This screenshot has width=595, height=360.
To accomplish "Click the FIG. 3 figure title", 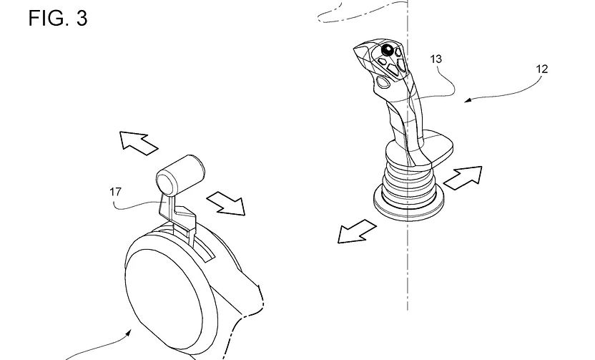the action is (x=58, y=18).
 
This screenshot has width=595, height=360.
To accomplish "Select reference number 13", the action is (x=436, y=59).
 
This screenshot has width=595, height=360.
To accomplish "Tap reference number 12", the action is (x=542, y=69).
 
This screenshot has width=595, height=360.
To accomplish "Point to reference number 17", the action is (x=115, y=192).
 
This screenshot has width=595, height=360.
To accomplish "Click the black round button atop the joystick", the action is (x=388, y=49).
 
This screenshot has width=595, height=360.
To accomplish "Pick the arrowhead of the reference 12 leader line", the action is (x=468, y=101).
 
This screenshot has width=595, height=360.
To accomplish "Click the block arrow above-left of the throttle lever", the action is (x=138, y=142).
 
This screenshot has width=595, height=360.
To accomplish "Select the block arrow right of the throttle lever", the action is (x=226, y=203).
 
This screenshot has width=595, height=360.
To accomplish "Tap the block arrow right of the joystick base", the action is (x=463, y=177).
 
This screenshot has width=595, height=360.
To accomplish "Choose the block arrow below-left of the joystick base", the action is (x=357, y=231).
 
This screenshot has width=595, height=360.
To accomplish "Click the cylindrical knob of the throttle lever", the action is (x=180, y=175).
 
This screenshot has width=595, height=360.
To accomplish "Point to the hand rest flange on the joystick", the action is (x=438, y=148).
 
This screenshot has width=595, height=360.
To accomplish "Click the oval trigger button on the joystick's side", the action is (x=383, y=82).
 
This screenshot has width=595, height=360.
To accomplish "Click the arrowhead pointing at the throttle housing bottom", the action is (x=129, y=333).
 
